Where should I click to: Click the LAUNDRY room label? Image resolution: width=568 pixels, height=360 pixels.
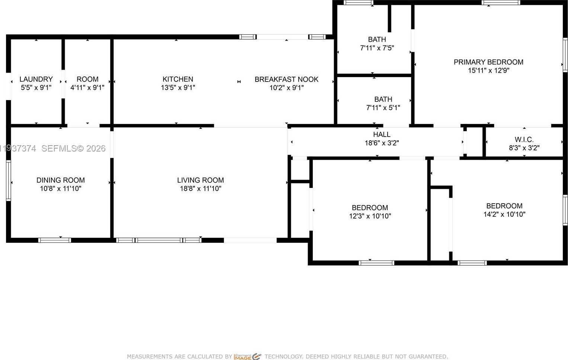tap(36, 79)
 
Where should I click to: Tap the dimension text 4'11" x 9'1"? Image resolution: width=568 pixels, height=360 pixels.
tap(87, 88)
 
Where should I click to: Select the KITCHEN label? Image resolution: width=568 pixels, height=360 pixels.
tap(178, 79)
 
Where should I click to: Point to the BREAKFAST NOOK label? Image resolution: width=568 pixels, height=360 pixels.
tap(286, 79)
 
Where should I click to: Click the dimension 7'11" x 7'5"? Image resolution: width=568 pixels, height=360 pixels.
tap(377, 48)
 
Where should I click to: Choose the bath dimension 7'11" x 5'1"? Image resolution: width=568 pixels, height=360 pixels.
tap(383, 108)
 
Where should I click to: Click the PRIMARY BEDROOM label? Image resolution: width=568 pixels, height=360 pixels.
tap(488, 62)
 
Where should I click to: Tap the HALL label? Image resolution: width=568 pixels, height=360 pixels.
tap(382, 135)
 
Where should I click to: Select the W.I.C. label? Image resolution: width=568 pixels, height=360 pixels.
tap(524, 140)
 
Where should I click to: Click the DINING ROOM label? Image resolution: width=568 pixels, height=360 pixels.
tap(61, 180)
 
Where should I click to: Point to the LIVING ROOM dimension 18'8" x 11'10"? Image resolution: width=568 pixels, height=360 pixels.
tap(200, 189)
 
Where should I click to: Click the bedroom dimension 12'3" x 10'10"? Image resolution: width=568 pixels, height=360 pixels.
tap(370, 216)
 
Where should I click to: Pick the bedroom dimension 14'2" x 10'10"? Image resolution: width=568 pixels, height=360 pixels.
tap(504, 214)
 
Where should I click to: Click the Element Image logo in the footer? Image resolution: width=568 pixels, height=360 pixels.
tap(248, 357)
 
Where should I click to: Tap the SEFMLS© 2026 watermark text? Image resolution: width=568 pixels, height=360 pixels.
tap(73, 149)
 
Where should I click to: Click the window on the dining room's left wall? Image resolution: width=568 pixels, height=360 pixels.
tap(8, 181)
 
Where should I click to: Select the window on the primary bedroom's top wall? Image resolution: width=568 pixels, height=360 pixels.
tap(501, 3)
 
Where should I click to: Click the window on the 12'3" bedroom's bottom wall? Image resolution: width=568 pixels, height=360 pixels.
tap(376, 263)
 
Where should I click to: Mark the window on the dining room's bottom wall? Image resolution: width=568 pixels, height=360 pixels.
tap(55, 240)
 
